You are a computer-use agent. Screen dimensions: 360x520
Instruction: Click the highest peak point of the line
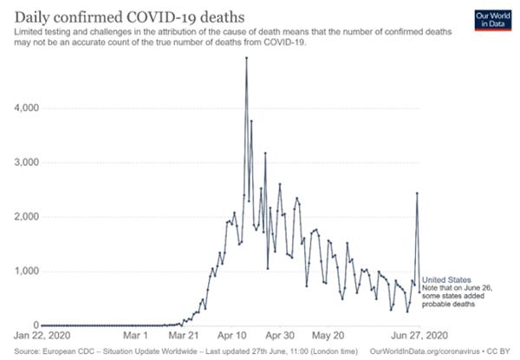(x=247, y=58)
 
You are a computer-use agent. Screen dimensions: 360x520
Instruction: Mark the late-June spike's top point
(x=417, y=193)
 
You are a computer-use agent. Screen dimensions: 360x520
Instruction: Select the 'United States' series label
(x=446, y=280)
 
